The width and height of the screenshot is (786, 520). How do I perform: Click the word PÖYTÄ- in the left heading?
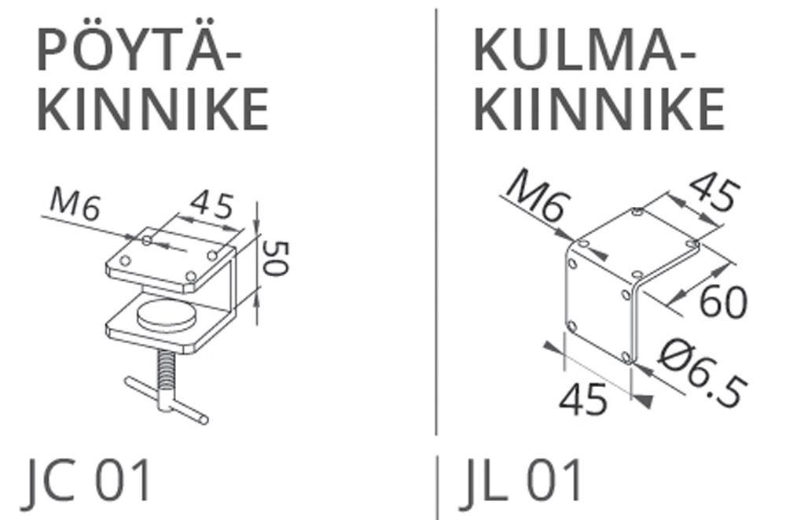click(139, 50)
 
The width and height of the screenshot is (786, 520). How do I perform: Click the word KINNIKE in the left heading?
click(153, 109)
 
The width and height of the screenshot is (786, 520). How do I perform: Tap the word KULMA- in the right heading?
click(585, 50)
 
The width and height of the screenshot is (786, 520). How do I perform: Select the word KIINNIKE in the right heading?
click(599, 109)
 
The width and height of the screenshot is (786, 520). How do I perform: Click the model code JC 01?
click(86, 481)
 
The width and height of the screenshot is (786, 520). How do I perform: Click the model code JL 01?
click(520, 481)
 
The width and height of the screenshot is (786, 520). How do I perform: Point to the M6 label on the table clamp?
click(75, 206)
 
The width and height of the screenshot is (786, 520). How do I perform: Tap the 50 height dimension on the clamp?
click(275, 258)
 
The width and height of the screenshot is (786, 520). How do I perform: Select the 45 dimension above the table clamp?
click(212, 205)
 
